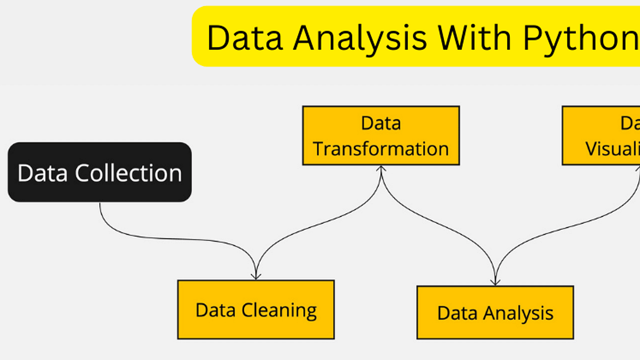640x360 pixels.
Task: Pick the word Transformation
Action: click(381, 148)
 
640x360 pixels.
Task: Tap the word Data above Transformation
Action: click(381, 123)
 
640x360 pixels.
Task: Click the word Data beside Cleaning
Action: click(215, 310)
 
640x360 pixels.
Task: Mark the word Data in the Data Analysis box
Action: click(456, 313)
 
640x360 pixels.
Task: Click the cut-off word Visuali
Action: click(613, 148)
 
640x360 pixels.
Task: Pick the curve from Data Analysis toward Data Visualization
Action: click(560, 224)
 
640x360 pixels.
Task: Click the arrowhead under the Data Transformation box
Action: click(381, 169)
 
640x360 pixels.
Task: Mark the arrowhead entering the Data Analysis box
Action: click(495, 282)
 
